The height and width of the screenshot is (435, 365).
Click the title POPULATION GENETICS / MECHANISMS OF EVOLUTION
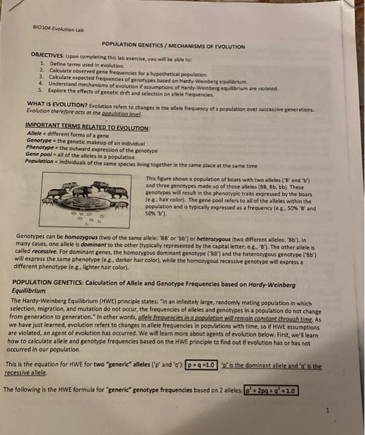point(173,47)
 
